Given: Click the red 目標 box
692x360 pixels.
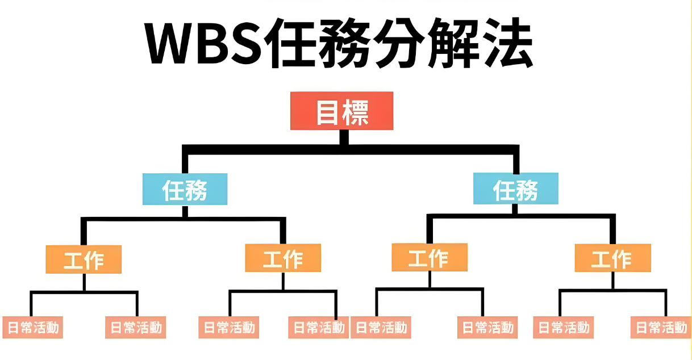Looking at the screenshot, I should point(342,111).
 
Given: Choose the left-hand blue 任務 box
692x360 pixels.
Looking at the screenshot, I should point(185,189).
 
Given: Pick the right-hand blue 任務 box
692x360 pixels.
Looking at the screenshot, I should point(515,189).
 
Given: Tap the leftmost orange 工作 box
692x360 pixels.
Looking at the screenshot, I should point(84,259).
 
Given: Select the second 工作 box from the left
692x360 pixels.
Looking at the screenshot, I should point(283,259).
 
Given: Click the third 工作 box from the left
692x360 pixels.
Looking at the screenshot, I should point(430,258).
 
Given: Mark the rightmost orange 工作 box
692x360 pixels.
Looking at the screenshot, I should point(612,259).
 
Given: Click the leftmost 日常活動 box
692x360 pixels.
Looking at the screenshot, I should point(32,327).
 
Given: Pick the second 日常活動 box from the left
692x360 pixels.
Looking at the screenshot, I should point(135,327).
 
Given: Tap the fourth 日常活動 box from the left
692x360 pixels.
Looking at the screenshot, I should point(318,327).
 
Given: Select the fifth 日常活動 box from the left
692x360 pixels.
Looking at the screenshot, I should point(380,327).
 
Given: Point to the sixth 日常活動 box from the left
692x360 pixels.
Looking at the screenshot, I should point(487,327).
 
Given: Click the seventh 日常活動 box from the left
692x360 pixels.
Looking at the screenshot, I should point(564,327).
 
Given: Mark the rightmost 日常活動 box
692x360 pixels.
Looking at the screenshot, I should point(661,327).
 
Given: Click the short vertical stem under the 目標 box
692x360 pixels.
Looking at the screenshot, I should point(343,137).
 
